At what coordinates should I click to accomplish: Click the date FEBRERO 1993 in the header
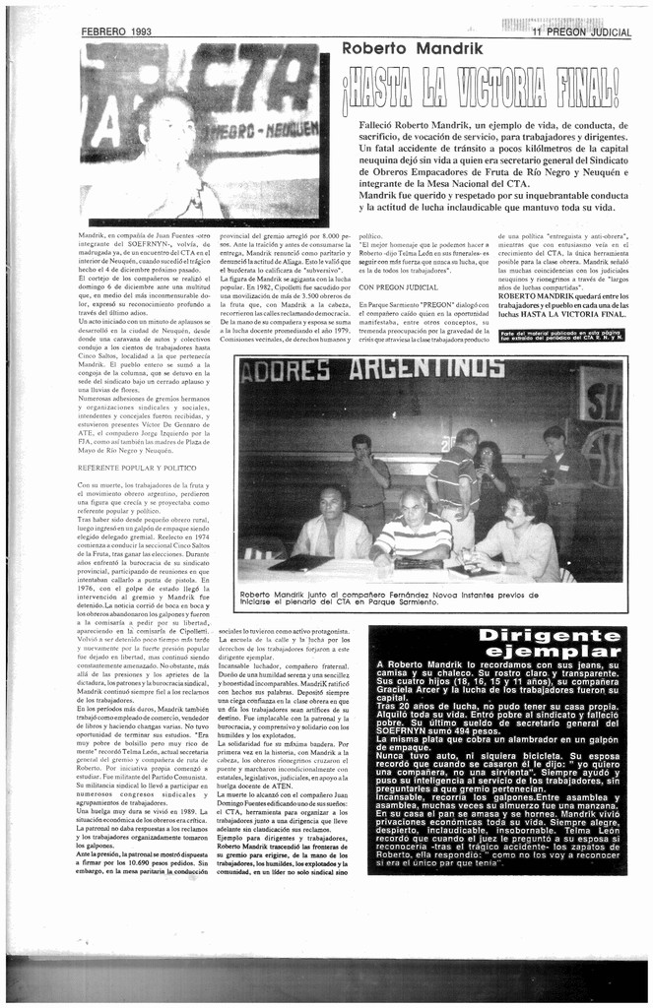pyautogui.click(x=116, y=31)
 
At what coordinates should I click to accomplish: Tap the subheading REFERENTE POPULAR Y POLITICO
pyautogui.click(x=137, y=468)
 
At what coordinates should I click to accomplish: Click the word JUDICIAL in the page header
pyautogui.click(x=612, y=31)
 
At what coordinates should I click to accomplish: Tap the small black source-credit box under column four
pyautogui.click(x=561, y=336)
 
